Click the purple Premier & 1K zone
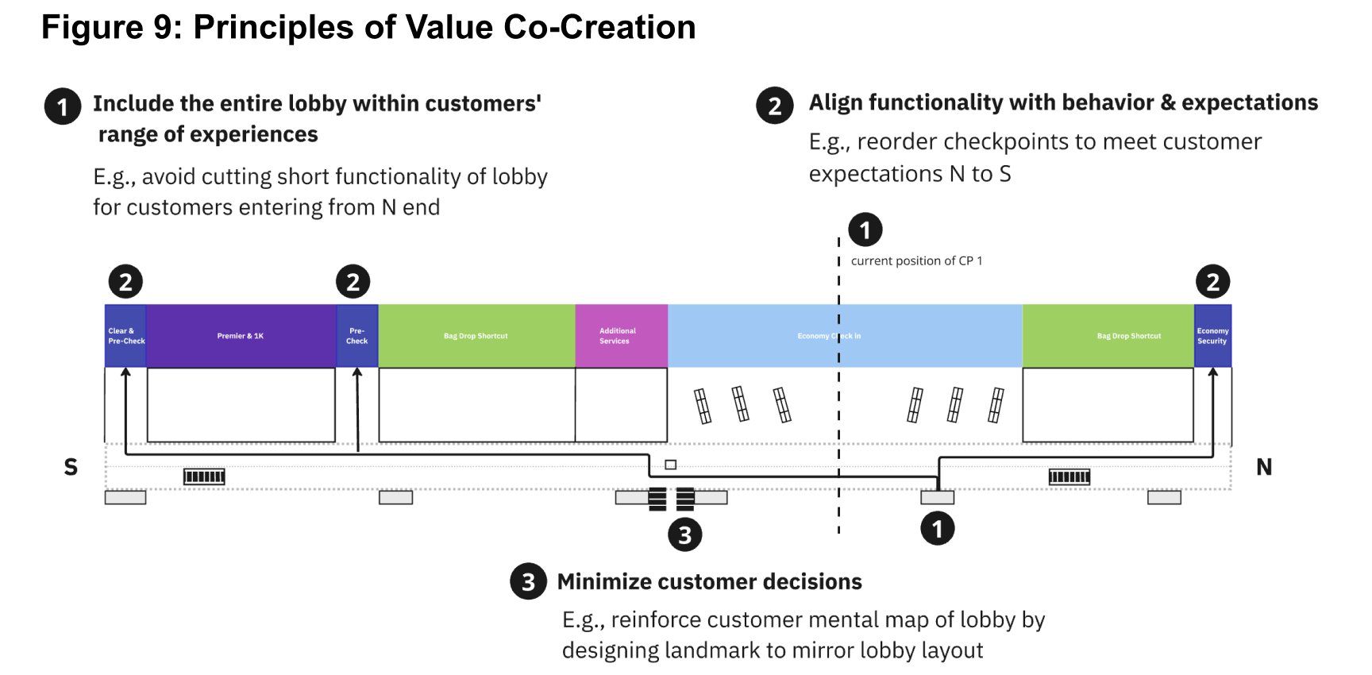tap(241, 336)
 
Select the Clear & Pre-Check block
tap(125, 336)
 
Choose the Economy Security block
tap(1212, 336)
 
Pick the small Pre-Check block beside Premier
tap(357, 336)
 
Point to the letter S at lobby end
tap(71, 467)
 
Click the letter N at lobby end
tap(1264, 467)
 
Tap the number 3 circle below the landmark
tap(684, 534)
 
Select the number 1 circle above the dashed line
tap(865, 230)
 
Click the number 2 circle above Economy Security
tap(1212, 281)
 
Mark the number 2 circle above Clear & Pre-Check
tap(125, 281)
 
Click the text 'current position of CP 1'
tap(916, 260)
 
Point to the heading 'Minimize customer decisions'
tap(709, 582)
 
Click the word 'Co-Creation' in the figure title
tap(599, 27)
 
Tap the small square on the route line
tap(671, 465)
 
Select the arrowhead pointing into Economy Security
tap(1212, 372)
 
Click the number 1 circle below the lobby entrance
tap(937, 528)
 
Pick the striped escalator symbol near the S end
tap(204, 476)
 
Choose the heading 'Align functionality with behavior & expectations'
tap(1063, 102)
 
